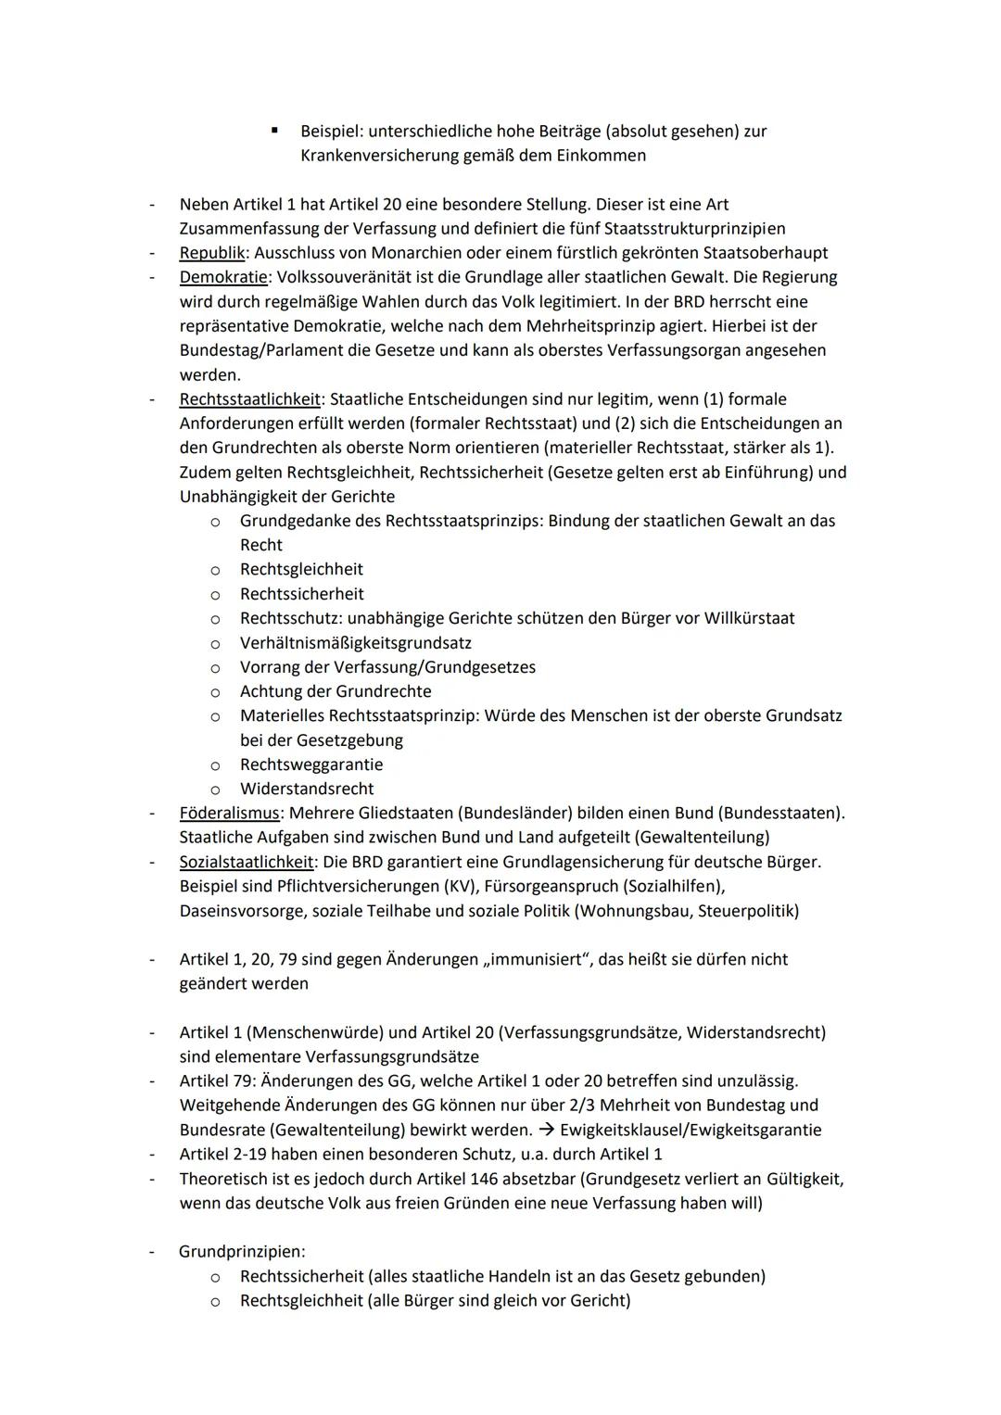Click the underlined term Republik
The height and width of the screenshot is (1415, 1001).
211,253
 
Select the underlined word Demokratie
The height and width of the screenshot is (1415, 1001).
218,277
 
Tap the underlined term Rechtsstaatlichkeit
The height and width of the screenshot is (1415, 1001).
249,399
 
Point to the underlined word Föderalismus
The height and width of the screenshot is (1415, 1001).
229,814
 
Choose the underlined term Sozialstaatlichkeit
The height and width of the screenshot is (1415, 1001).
247,862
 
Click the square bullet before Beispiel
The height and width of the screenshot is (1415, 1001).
274,131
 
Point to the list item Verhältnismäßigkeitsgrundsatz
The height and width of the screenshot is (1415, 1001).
356,643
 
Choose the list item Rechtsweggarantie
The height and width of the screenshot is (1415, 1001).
311,764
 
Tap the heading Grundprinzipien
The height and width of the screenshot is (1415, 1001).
242,1252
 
